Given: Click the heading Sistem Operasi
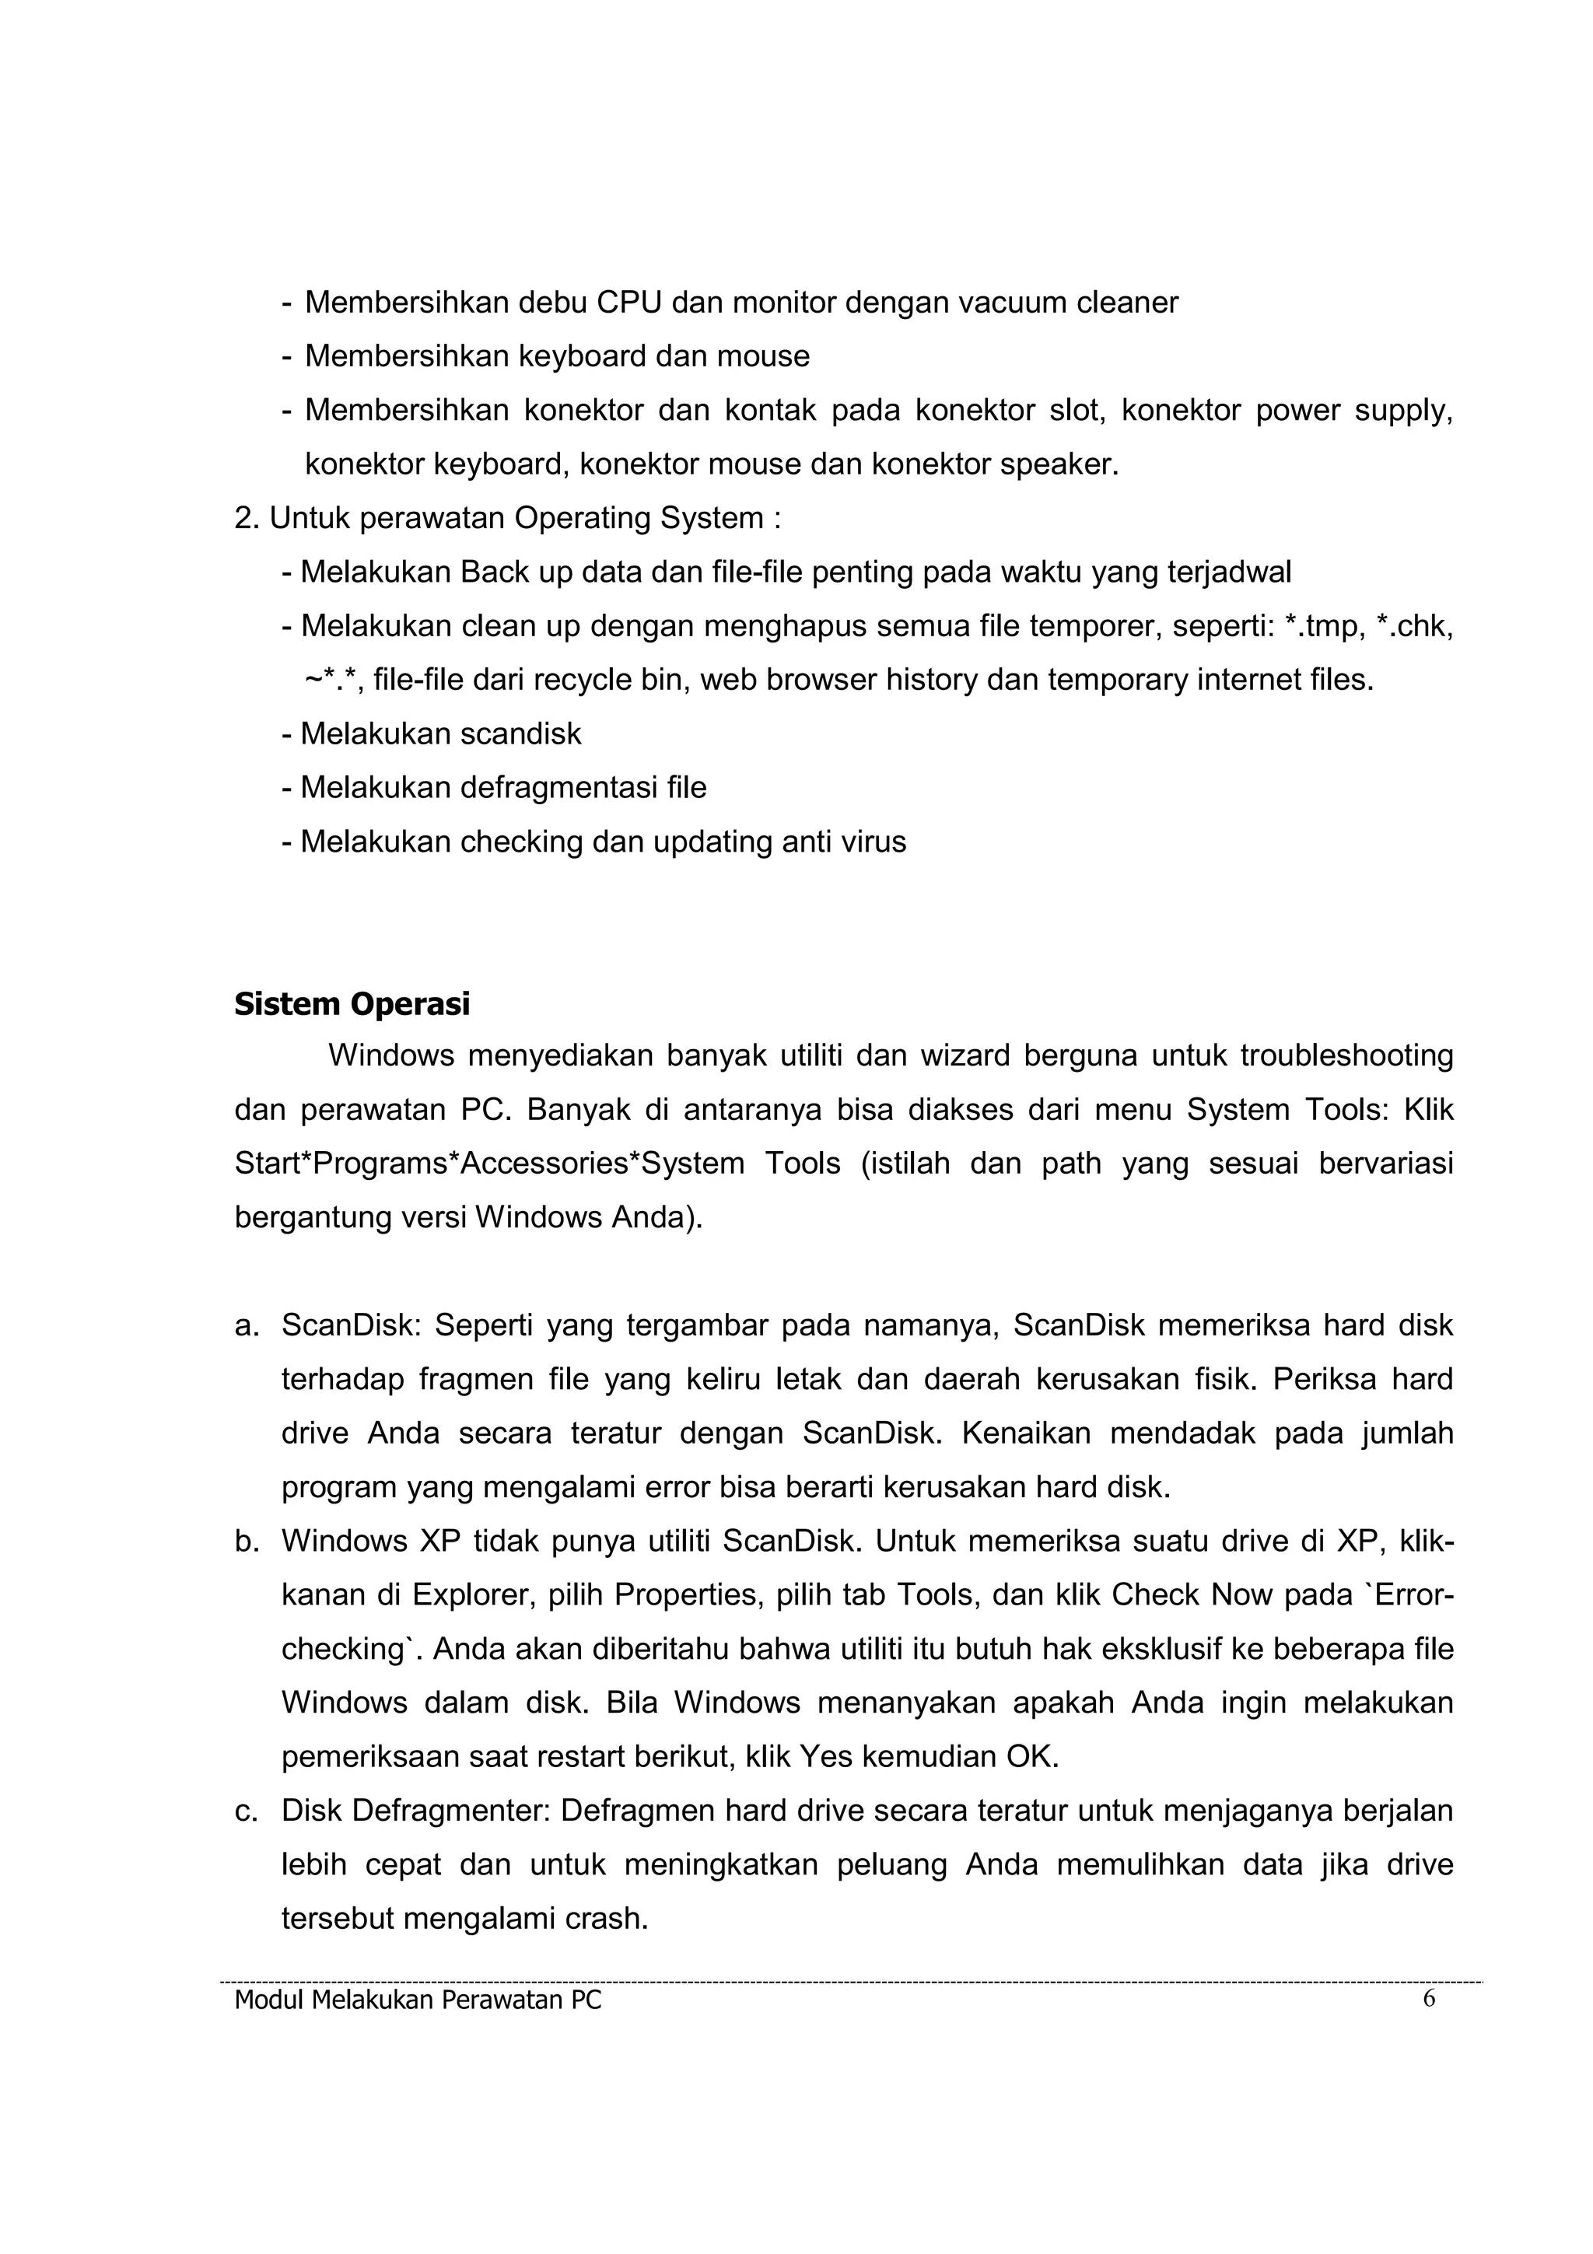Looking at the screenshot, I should click(352, 1004).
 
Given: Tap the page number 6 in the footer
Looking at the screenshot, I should click(1428, 1999).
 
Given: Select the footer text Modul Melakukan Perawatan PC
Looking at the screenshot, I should click(418, 2000).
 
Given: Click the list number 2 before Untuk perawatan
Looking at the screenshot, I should click(244, 518).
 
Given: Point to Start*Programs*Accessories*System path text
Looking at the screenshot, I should click(488, 1164).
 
